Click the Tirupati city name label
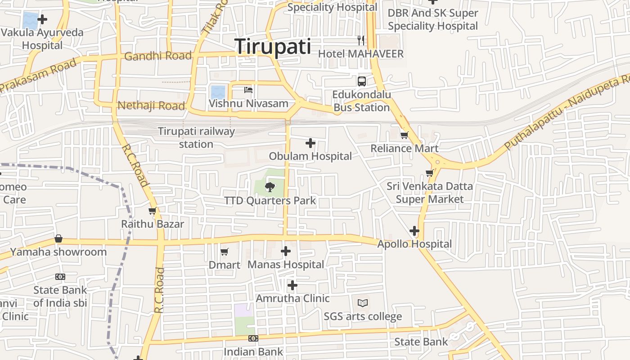pos(273,46)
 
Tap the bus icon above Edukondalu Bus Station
pos(362,81)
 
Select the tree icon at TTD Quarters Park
pos(270,186)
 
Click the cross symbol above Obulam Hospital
pos(310,143)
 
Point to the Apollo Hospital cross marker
pos(414,231)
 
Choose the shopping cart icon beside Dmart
pos(225,252)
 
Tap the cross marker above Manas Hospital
pos(286,251)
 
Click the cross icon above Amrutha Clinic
pos(292,285)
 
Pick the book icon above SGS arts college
pos(363,303)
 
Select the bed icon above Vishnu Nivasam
pos(248,90)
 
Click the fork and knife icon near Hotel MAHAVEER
pos(360,40)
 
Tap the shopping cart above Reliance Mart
pos(405,135)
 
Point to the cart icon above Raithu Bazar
pos(153,211)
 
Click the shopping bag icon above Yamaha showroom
pos(58,238)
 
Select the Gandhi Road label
pos(158,56)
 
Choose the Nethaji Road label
pos(151,106)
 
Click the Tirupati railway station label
pos(196,138)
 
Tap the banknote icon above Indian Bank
pos(253,338)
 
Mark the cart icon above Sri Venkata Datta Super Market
pos(430,173)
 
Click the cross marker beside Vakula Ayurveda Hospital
pos(42,19)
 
